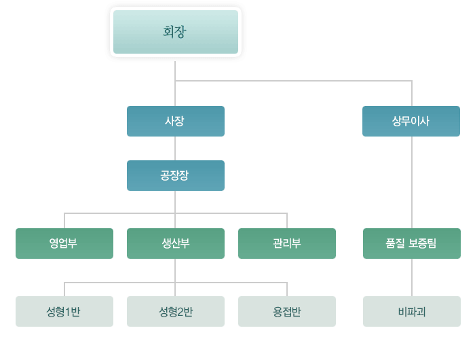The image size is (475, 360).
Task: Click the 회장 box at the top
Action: pyautogui.click(x=176, y=32)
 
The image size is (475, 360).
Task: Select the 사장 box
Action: pyautogui.click(x=176, y=121)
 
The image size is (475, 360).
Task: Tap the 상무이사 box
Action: pyautogui.click(x=411, y=121)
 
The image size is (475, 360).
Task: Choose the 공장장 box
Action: pyautogui.click(x=176, y=175)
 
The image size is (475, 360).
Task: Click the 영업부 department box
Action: pyautogui.click(x=64, y=243)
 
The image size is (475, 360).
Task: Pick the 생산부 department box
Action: pyautogui.click(x=176, y=243)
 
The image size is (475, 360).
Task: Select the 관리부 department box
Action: pyautogui.click(x=287, y=243)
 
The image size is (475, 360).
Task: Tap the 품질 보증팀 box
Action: pyautogui.click(x=412, y=243)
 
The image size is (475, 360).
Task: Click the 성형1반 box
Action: pyautogui.click(x=64, y=311)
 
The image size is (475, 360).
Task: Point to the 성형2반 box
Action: pyautogui.click(x=176, y=311)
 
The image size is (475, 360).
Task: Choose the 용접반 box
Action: pyautogui.click(x=287, y=311)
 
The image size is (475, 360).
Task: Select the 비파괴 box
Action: pyautogui.click(x=412, y=311)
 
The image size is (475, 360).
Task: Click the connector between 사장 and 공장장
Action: pyautogui.click(x=175, y=148)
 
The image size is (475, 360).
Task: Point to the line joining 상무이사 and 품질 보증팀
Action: pyautogui.click(x=412, y=182)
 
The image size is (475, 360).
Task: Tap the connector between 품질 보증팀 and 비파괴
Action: pyautogui.click(x=412, y=277)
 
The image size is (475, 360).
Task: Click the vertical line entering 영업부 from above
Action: pyautogui.click(x=64, y=221)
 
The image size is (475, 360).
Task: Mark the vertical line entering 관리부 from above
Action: pyautogui.click(x=287, y=221)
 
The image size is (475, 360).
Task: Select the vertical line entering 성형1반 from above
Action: pyautogui.click(x=64, y=289)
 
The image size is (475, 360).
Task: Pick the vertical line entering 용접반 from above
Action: pyautogui.click(x=287, y=289)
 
